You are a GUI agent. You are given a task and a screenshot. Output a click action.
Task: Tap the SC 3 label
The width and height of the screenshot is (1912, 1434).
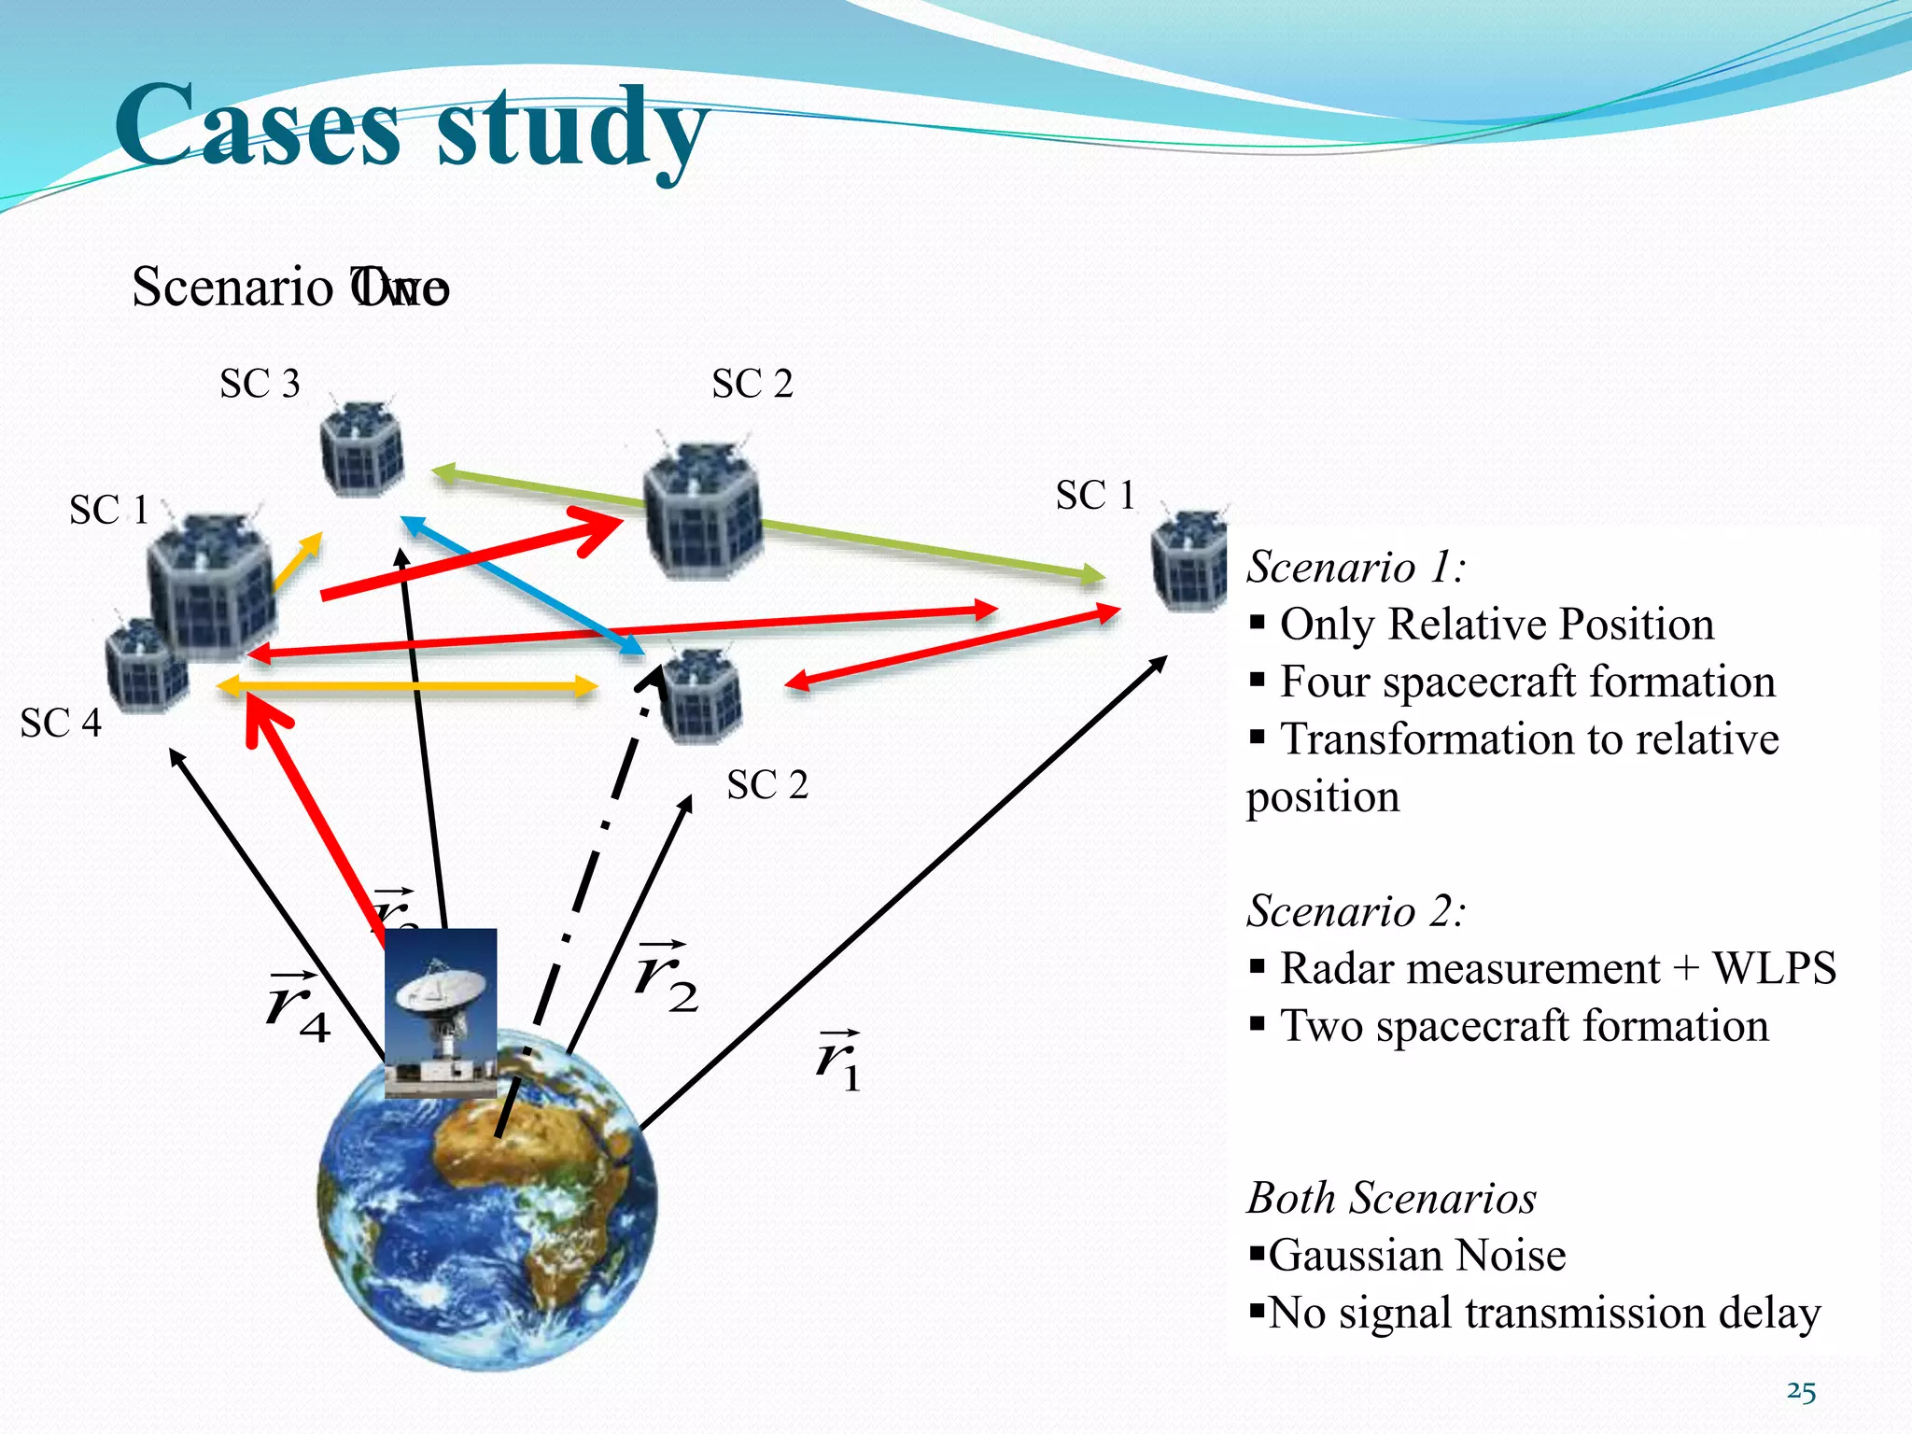click(260, 384)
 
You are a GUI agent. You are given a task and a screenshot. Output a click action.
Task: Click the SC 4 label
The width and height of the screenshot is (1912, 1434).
click(61, 724)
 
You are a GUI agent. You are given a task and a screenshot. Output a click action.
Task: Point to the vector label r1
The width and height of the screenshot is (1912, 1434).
click(837, 1062)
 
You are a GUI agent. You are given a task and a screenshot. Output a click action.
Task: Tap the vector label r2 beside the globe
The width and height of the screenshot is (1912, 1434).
click(666, 978)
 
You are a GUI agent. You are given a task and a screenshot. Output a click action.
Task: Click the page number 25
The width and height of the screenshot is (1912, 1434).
click(1801, 1392)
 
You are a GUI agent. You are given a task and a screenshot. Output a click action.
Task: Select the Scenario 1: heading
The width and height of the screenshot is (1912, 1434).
click(1356, 567)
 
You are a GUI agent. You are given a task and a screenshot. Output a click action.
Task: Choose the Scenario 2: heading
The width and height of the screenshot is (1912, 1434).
click(1356, 910)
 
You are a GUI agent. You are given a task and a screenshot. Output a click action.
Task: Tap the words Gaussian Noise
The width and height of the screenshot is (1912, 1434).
click(1416, 1256)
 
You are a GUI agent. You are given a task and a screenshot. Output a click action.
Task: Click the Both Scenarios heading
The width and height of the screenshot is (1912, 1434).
click(1391, 1198)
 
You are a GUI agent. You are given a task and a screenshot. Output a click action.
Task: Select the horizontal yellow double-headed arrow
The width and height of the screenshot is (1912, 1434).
click(406, 687)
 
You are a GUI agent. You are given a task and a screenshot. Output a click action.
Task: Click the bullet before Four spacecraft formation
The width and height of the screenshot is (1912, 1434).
click(1258, 680)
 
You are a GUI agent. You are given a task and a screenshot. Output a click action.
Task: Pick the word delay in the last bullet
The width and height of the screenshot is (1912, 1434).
click(1769, 1313)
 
